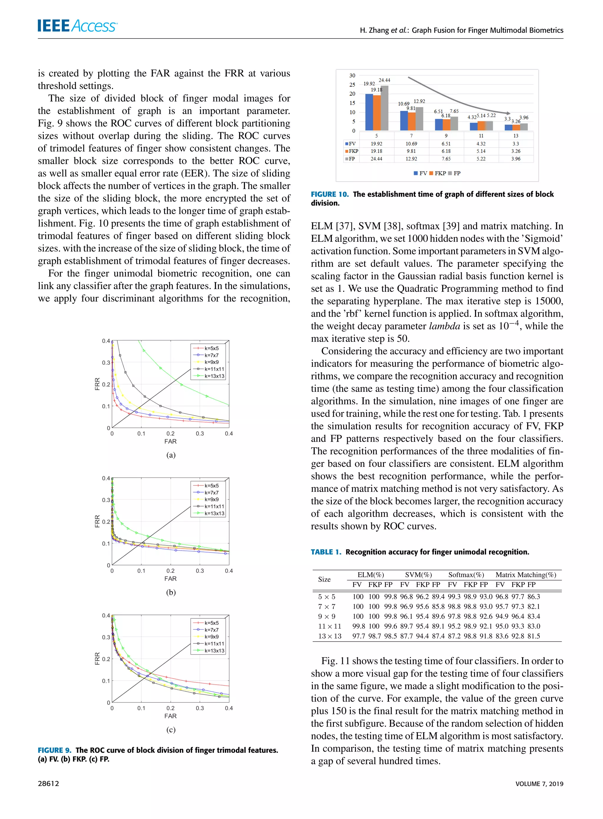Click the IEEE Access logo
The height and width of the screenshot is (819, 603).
[77, 26]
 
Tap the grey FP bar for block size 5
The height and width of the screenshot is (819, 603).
[384, 108]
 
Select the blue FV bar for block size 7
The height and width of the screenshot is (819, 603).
[404, 120]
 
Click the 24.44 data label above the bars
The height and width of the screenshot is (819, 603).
[384, 80]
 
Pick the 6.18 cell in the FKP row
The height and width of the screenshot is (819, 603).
[446, 151]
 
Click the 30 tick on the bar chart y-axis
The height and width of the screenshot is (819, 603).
[352, 76]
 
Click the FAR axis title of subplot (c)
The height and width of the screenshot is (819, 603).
[170, 716]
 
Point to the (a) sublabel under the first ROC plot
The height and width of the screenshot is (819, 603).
[170, 455]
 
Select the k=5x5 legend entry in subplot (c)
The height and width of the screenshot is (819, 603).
[211, 623]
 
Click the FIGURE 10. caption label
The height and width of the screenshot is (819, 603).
[329, 194]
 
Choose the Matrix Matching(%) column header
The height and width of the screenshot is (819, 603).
[526, 575]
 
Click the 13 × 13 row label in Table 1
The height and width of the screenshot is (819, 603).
[329, 636]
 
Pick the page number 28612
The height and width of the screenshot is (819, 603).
[48, 784]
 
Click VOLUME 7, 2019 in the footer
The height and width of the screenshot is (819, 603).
[539, 784]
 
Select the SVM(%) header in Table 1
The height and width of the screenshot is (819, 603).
[418, 575]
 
